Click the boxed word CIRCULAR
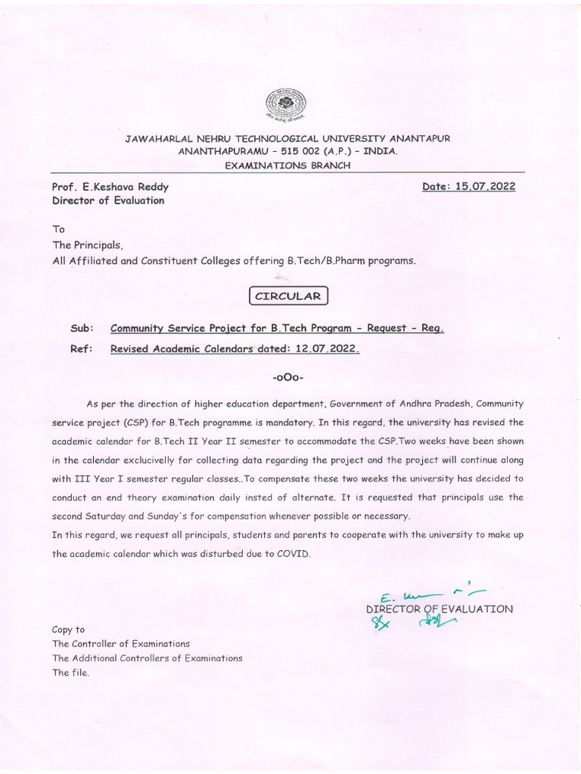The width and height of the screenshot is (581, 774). [x=287, y=296]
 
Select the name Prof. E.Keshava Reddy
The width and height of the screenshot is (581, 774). [x=110, y=187]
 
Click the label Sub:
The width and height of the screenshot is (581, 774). [x=82, y=329]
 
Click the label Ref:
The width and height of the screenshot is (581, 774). [x=82, y=349]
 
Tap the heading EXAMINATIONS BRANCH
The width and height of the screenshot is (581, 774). [x=287, y=165]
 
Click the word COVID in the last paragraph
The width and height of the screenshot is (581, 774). [x=294, y=553]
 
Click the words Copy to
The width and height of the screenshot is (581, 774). [x=68, y=629]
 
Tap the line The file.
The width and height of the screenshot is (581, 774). [x=70, y=673]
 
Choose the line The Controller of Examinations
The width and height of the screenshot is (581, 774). [x=120, y=643]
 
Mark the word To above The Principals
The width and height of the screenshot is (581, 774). [x=58, y=228]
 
